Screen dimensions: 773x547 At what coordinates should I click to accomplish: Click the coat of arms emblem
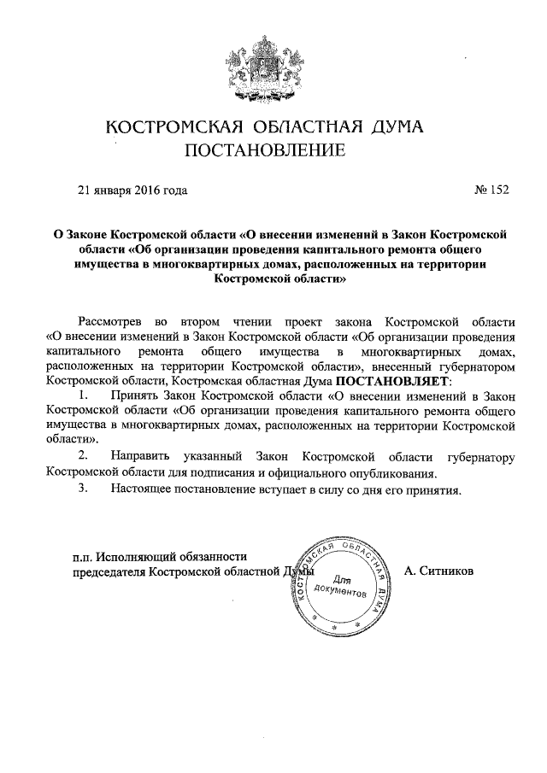pyautogui.click(x=263, y=66)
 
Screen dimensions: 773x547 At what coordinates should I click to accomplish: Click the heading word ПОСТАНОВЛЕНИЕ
pyautogui.click(x=266, y=151)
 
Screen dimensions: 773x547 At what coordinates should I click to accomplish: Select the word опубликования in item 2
pyautogui.click(x=395, y=472)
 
